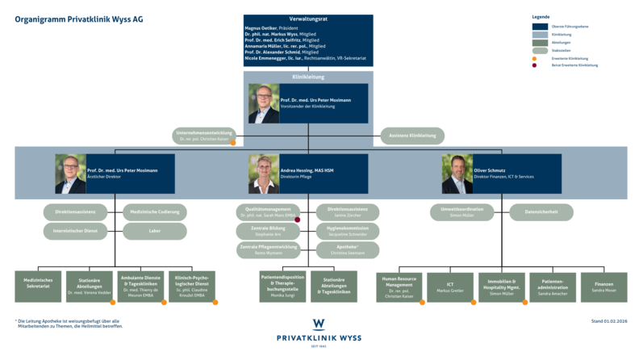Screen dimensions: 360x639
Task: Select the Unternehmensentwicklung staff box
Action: click(206, 136)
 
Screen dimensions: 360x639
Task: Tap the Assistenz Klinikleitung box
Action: click(411, 136)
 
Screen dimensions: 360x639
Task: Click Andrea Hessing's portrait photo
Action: click(264, 174)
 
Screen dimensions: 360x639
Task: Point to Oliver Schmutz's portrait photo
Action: click(457, 174)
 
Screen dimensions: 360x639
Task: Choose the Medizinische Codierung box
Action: click(155, 212)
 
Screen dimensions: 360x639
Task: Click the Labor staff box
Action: click(155, 231)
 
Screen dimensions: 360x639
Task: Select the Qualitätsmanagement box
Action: click(268, 212)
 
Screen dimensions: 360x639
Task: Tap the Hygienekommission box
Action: click(348, 231)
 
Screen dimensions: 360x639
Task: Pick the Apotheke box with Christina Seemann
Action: click(348, 249)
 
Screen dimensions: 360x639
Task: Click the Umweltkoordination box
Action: click(461, 212)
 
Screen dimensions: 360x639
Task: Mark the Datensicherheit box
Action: click(541, 212)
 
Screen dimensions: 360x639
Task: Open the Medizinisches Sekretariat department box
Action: click(38, 287)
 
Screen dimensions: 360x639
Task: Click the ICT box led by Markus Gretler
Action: click(450, 287)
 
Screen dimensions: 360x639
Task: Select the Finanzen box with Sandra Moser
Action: click(603, 287)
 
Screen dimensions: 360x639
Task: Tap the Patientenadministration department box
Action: click(553, 287)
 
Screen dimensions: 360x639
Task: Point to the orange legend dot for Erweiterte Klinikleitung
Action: click(535, 59)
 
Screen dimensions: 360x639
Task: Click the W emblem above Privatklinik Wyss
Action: click(319, 324)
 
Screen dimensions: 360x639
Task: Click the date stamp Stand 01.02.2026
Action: click(608, 321)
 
